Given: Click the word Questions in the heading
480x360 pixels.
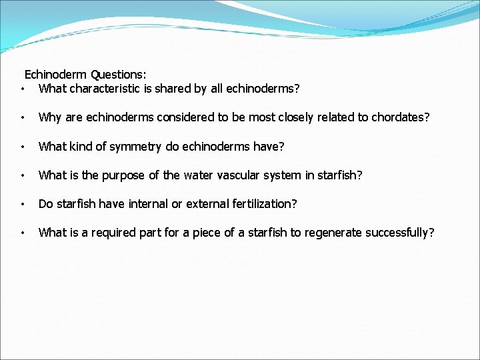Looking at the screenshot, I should [x=119, y=74].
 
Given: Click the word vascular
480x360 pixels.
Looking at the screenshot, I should [x=239, y=175].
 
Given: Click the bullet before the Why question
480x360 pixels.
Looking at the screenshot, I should [x=23, y=117].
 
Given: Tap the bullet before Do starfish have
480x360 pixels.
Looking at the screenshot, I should [x=23, y=204].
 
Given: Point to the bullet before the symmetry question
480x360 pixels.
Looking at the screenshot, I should [x=23, y=147].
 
